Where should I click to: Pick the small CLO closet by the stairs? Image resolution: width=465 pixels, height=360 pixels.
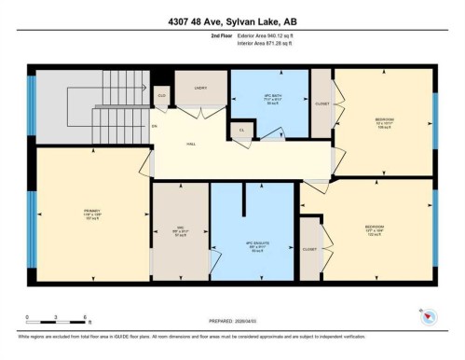[161, 94]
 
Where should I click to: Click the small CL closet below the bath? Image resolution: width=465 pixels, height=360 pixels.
[242, 130]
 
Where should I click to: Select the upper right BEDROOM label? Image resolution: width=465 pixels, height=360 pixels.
[384, 120]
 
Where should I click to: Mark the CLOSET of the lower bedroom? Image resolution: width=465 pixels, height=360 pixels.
[308, 249]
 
